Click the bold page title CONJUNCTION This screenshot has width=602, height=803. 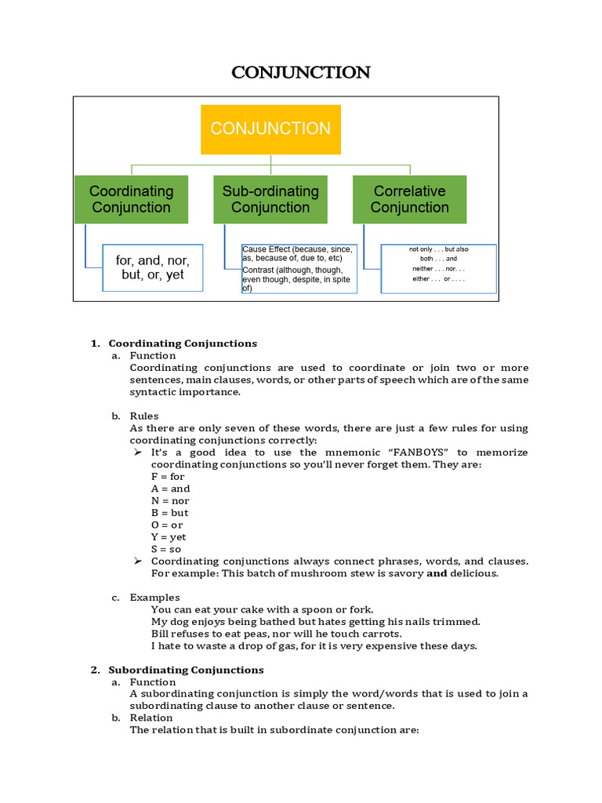coord(300,73)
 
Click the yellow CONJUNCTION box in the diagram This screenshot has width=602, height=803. coord(270,129)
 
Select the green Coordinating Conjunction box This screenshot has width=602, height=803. coord(131,199)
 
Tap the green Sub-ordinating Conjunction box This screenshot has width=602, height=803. coord(270,199)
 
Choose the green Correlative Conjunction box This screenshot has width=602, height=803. coord(409,199)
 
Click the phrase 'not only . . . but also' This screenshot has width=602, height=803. coord(438,249)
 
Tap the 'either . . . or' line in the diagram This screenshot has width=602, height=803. coord(438,278)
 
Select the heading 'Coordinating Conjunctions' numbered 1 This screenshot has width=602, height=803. coord(183,343)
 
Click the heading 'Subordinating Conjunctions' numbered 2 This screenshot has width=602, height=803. coord(186,670)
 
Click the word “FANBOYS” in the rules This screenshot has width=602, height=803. coord(415,452)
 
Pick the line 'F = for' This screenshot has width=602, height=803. coord(168,477)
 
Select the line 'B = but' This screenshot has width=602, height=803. coord(169,513)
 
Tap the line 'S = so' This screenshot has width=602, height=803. coord(166,549)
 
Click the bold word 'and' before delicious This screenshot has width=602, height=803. coord(436,573)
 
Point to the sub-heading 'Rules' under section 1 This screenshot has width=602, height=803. coord(144,416)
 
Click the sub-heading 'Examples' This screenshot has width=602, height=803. coord(154,598)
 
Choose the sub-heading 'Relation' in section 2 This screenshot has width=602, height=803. coord(151,718)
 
